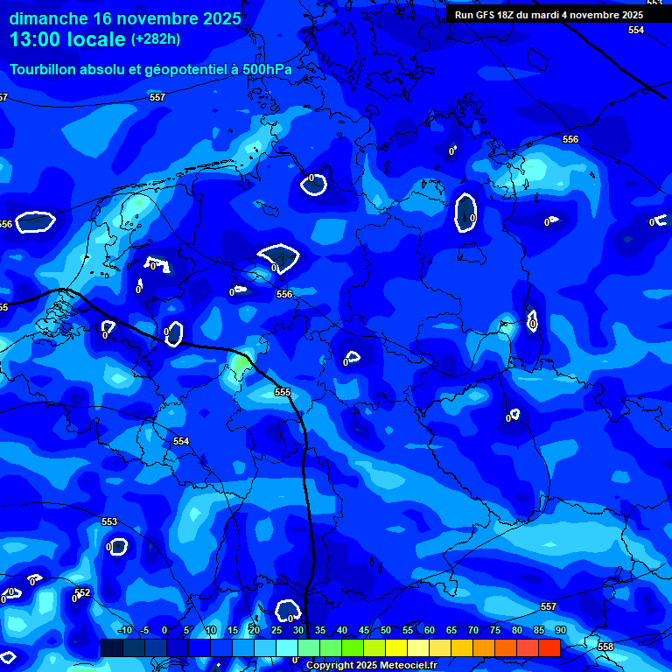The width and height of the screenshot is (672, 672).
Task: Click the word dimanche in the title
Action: tap(47, 18)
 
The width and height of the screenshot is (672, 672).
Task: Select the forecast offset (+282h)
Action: tap(156, 39)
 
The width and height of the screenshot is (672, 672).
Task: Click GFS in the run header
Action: tap(486, 15)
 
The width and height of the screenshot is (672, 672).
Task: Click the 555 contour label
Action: tap(282, 392)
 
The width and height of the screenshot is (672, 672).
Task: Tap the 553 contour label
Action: tap(109, 521)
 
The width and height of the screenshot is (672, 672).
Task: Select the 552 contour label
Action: tap(83, 592)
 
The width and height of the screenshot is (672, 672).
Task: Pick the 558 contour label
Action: tap(605, 647)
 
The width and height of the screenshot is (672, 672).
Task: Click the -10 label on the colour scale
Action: tap(125, 630)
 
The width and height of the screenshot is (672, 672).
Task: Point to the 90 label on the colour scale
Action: tap(560, 630)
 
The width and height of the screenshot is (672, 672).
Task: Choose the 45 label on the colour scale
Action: tap(363, 630)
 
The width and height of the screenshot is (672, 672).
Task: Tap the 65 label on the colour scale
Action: tap(451, 630)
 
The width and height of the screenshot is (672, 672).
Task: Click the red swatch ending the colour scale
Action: tap(549, 647)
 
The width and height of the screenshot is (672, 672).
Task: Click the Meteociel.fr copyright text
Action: tap(371, 666)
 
